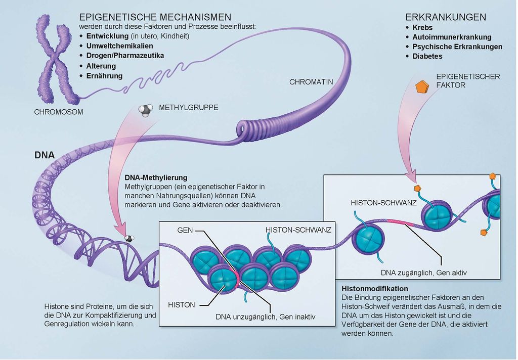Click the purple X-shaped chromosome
pos(55,61)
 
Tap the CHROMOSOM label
pos(59,112)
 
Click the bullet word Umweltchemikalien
pos(119,46)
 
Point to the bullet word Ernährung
pos(104,76)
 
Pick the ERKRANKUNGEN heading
pos(446,17)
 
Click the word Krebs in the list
pos(422,27)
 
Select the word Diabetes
pos(427,56)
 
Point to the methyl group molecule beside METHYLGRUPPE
pos(146,110)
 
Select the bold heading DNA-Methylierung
pos(156,178)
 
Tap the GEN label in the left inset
pos(185,230)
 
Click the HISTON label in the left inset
pos(181,305)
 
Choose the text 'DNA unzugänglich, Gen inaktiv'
pos(265,317)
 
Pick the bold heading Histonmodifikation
pos(375,288)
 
